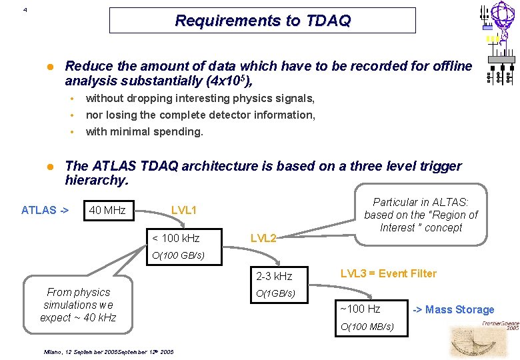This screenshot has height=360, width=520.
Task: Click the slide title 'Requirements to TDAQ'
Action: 262,21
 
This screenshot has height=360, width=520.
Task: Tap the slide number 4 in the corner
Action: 25,10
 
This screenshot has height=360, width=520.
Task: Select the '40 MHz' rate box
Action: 107,210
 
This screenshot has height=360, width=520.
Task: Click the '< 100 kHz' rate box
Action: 176,238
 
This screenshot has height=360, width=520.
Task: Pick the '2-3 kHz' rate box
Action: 273,276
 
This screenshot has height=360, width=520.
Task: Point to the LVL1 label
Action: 184,210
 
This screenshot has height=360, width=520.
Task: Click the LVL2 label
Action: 263,238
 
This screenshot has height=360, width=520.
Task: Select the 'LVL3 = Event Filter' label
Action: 389,273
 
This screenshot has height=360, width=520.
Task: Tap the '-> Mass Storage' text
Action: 454,309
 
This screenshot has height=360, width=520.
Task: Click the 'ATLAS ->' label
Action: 45,210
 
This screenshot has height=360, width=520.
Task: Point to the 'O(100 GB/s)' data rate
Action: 178,255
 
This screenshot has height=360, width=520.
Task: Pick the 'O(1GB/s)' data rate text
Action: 275,294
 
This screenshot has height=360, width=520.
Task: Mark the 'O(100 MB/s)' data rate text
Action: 367,327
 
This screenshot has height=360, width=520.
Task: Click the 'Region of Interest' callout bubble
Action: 421,215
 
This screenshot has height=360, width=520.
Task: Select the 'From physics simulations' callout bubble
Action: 78,305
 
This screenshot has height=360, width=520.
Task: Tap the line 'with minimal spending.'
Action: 144,131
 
